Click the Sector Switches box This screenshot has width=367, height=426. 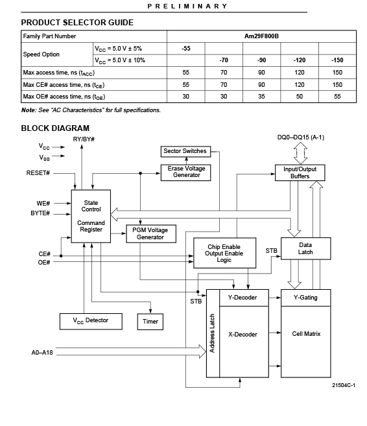185,151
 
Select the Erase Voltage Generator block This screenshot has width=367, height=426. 185,172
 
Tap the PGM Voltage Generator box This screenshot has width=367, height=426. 151,233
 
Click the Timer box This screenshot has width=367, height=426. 150,322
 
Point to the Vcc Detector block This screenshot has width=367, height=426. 91,322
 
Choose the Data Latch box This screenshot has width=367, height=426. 305,248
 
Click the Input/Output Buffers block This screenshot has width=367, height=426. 300,172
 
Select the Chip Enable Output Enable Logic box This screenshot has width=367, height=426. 224,253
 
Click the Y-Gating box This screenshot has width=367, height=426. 305,298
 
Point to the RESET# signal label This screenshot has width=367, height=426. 38,173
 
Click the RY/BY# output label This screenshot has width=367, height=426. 84,139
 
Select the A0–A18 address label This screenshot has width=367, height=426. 42,352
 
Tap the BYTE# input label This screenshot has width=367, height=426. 40,213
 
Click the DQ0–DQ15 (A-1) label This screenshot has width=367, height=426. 301,137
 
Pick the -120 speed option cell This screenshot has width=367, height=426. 300,60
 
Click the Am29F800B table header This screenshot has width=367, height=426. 261,36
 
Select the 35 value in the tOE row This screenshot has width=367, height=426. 261,97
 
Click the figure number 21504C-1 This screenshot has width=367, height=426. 344,385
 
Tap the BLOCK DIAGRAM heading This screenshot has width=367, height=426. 55,128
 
